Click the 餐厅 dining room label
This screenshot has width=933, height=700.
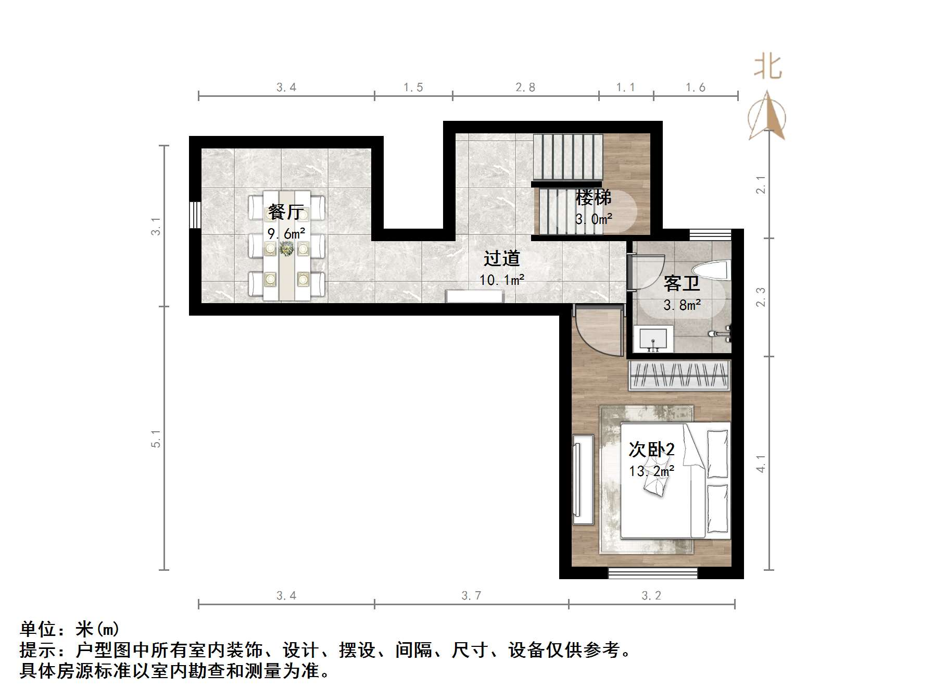(x=286, y=212)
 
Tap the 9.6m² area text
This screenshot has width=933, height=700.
(x=286, y=234)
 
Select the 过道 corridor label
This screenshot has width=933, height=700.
(x=501, y=258)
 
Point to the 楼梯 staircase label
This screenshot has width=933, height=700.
(x=593, y=198)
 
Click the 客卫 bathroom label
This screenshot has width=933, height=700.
(x=681, y=284)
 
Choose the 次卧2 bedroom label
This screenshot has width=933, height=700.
(x=651, y=449)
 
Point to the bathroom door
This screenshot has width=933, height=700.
(x=631, y=272)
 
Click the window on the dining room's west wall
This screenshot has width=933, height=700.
(x=195, y=215)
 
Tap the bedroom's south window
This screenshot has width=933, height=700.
(x=652, y=573)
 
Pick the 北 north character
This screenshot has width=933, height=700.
(x=767, y=68)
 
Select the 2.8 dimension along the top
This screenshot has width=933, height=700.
(x=525, y=87)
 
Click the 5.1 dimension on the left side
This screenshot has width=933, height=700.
(x=156, y=439)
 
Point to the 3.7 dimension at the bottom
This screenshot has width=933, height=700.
(x=471, y=595)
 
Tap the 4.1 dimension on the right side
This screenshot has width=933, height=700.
(x=761, y=464)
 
